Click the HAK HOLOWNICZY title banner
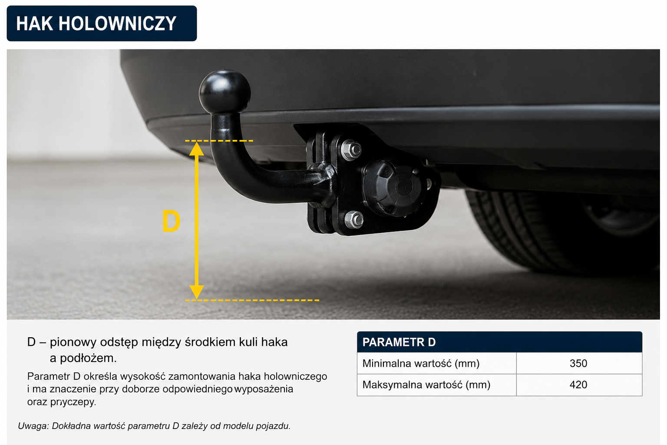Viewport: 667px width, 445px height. coord(102,23)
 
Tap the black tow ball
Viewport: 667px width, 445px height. coord(225,92)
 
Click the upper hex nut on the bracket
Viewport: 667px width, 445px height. coord(351,149)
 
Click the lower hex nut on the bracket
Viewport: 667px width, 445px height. coord(354,220)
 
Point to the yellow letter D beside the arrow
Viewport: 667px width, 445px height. coord(171,221)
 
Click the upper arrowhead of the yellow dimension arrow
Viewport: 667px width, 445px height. coord(197,149)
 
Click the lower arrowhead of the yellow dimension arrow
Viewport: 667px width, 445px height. coord(197,292)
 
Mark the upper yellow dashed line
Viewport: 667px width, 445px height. coord(219,141)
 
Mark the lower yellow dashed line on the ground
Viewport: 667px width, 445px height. coord(252,300)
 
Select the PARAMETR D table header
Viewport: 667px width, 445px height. coord(499,342)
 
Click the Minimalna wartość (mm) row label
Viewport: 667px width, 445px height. coord(421,363)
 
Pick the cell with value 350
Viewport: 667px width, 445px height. coord(578,363)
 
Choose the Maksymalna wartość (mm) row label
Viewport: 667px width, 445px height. coord(426,385)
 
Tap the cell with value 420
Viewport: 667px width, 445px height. coord(578,385)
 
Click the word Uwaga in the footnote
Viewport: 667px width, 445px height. coord(33,426)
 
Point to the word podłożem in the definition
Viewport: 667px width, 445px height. coord(88,358)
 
